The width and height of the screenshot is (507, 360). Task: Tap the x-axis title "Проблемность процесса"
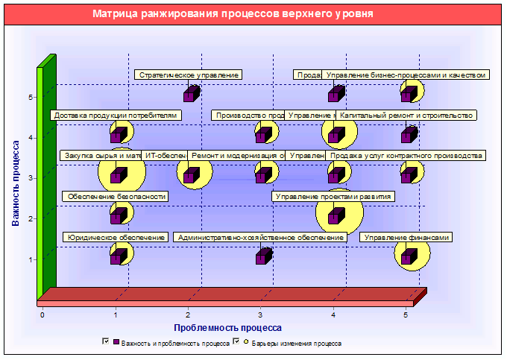click(x=227, y=327)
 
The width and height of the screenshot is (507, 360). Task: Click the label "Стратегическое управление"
click(x=189, y=75)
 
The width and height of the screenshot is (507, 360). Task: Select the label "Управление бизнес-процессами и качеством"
click(x=406, y=75)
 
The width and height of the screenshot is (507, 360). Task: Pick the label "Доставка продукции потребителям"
click(x=116, y=116)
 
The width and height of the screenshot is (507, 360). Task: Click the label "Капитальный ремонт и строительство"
click(x=406, y=116)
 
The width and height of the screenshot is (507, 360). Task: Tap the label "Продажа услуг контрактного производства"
click(x=406, y=156)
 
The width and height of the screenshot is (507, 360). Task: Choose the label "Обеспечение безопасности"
click(x=116, y=197)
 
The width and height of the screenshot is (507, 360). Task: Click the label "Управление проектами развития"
click(x=333, y=197)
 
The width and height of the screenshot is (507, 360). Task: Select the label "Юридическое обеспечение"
click(x=116, y=238)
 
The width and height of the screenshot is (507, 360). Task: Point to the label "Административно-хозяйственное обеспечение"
click(x=261, y=238)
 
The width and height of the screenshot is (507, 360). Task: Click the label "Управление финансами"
click(x=406, y=238)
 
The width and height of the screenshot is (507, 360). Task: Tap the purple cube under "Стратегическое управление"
click(x=192, y=94)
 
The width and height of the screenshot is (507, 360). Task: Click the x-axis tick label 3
click(x=260, y=315)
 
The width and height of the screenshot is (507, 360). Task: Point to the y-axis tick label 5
click(x=31, y=97)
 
